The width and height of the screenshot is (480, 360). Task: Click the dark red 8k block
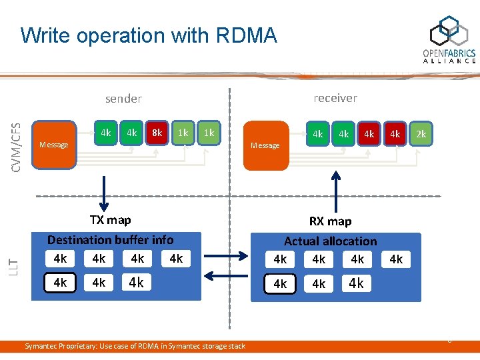pyautogui.click(x=157, y=133)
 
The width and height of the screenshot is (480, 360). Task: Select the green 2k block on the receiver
pyautogui.click(x=421, y=134)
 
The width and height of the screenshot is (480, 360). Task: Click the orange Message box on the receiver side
pyautogui.click(x=265, y=144)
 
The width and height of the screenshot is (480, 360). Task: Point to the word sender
pyautogui.click(x=123, y=99)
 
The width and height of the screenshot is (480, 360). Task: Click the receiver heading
pyautogui.click(x=335, y=98)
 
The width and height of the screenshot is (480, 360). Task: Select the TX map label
pyautogui.click(x=111, y=219)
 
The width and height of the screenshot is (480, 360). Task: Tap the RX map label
pyautogui.click(x=330, y=221)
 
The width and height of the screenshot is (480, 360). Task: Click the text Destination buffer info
pyautogui.click(x=110, y=239)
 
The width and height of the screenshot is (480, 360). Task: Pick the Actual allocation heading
pyautogui.click(x=330, y=241)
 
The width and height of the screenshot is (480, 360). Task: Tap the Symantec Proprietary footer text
pyautogui.click(x=135, y=345)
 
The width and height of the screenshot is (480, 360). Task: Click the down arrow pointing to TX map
pyautogui.click(x=104, y=193)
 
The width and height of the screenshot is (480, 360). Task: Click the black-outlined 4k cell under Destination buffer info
pyautogui.click(x=61, y=283)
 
